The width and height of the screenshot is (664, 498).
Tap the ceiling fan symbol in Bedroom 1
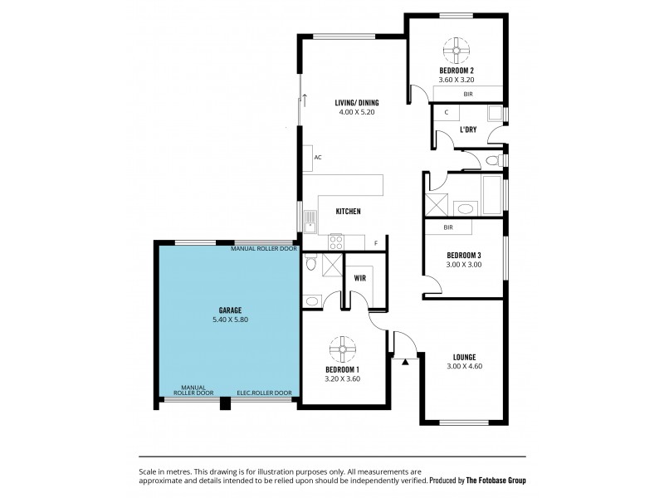pyautogui.click(x=342, y=347)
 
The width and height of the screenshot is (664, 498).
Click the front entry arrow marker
pyautogui.click(x=405, y=362)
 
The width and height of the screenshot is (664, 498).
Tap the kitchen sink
pyautogui.click(x=310, y=220)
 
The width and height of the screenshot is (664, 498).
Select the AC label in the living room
pyautogui.click(x=317, y=157)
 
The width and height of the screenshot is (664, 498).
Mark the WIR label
pyautogui.click(x=360, y=279)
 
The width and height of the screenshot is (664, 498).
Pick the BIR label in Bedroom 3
pyautogui.click(x=448, y=227)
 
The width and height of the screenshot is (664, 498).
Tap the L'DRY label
pyautogui.click(x=467, y=129)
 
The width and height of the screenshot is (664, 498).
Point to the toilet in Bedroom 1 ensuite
pyautogui.click(x=310, y=264)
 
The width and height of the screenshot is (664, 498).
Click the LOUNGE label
pyautogui.click(x=464, y=357)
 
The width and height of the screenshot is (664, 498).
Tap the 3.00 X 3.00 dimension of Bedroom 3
pyautogui.click(x=464, y=265)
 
